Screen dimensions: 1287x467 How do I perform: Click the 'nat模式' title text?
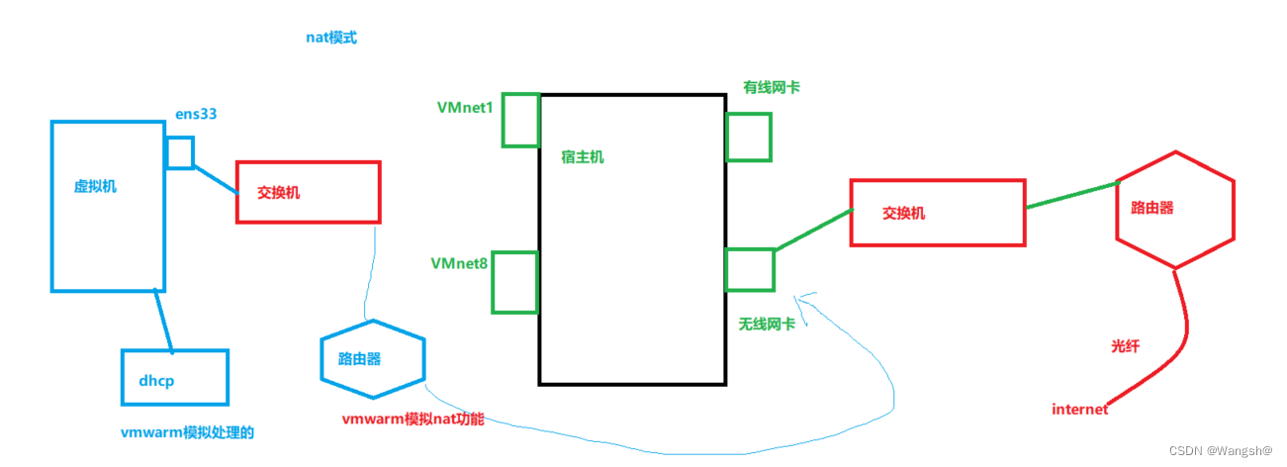[x=330, y=38]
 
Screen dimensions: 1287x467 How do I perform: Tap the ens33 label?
[x=196, y=114]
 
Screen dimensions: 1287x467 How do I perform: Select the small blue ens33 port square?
[x=179, y=152]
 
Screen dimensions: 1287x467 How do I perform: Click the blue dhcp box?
[x=174, y=377]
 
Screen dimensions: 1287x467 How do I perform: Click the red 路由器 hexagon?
[x=1174, y=210]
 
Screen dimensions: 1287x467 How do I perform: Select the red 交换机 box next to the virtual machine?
[x=308, y=192]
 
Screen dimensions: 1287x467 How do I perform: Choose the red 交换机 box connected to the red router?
[x=937, y=212]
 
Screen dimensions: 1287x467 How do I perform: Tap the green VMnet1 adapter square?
[x=520, y=120]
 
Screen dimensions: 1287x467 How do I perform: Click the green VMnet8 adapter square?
[x=514, y=282]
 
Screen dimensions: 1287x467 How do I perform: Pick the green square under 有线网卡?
[x=749, y=138]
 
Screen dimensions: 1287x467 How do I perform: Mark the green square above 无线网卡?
[x=750, y=270]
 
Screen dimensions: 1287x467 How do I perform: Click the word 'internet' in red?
[x=1079, y=409]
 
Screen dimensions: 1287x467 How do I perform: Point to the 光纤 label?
[x=1126, y=346]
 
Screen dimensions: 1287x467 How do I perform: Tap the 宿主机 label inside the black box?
[x=583, y=157]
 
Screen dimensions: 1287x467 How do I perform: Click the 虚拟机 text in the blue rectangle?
[x=95, y=186]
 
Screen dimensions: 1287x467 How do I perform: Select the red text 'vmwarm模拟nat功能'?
[x=413, y=420]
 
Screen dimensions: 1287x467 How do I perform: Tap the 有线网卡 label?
[x=772, y=87]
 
